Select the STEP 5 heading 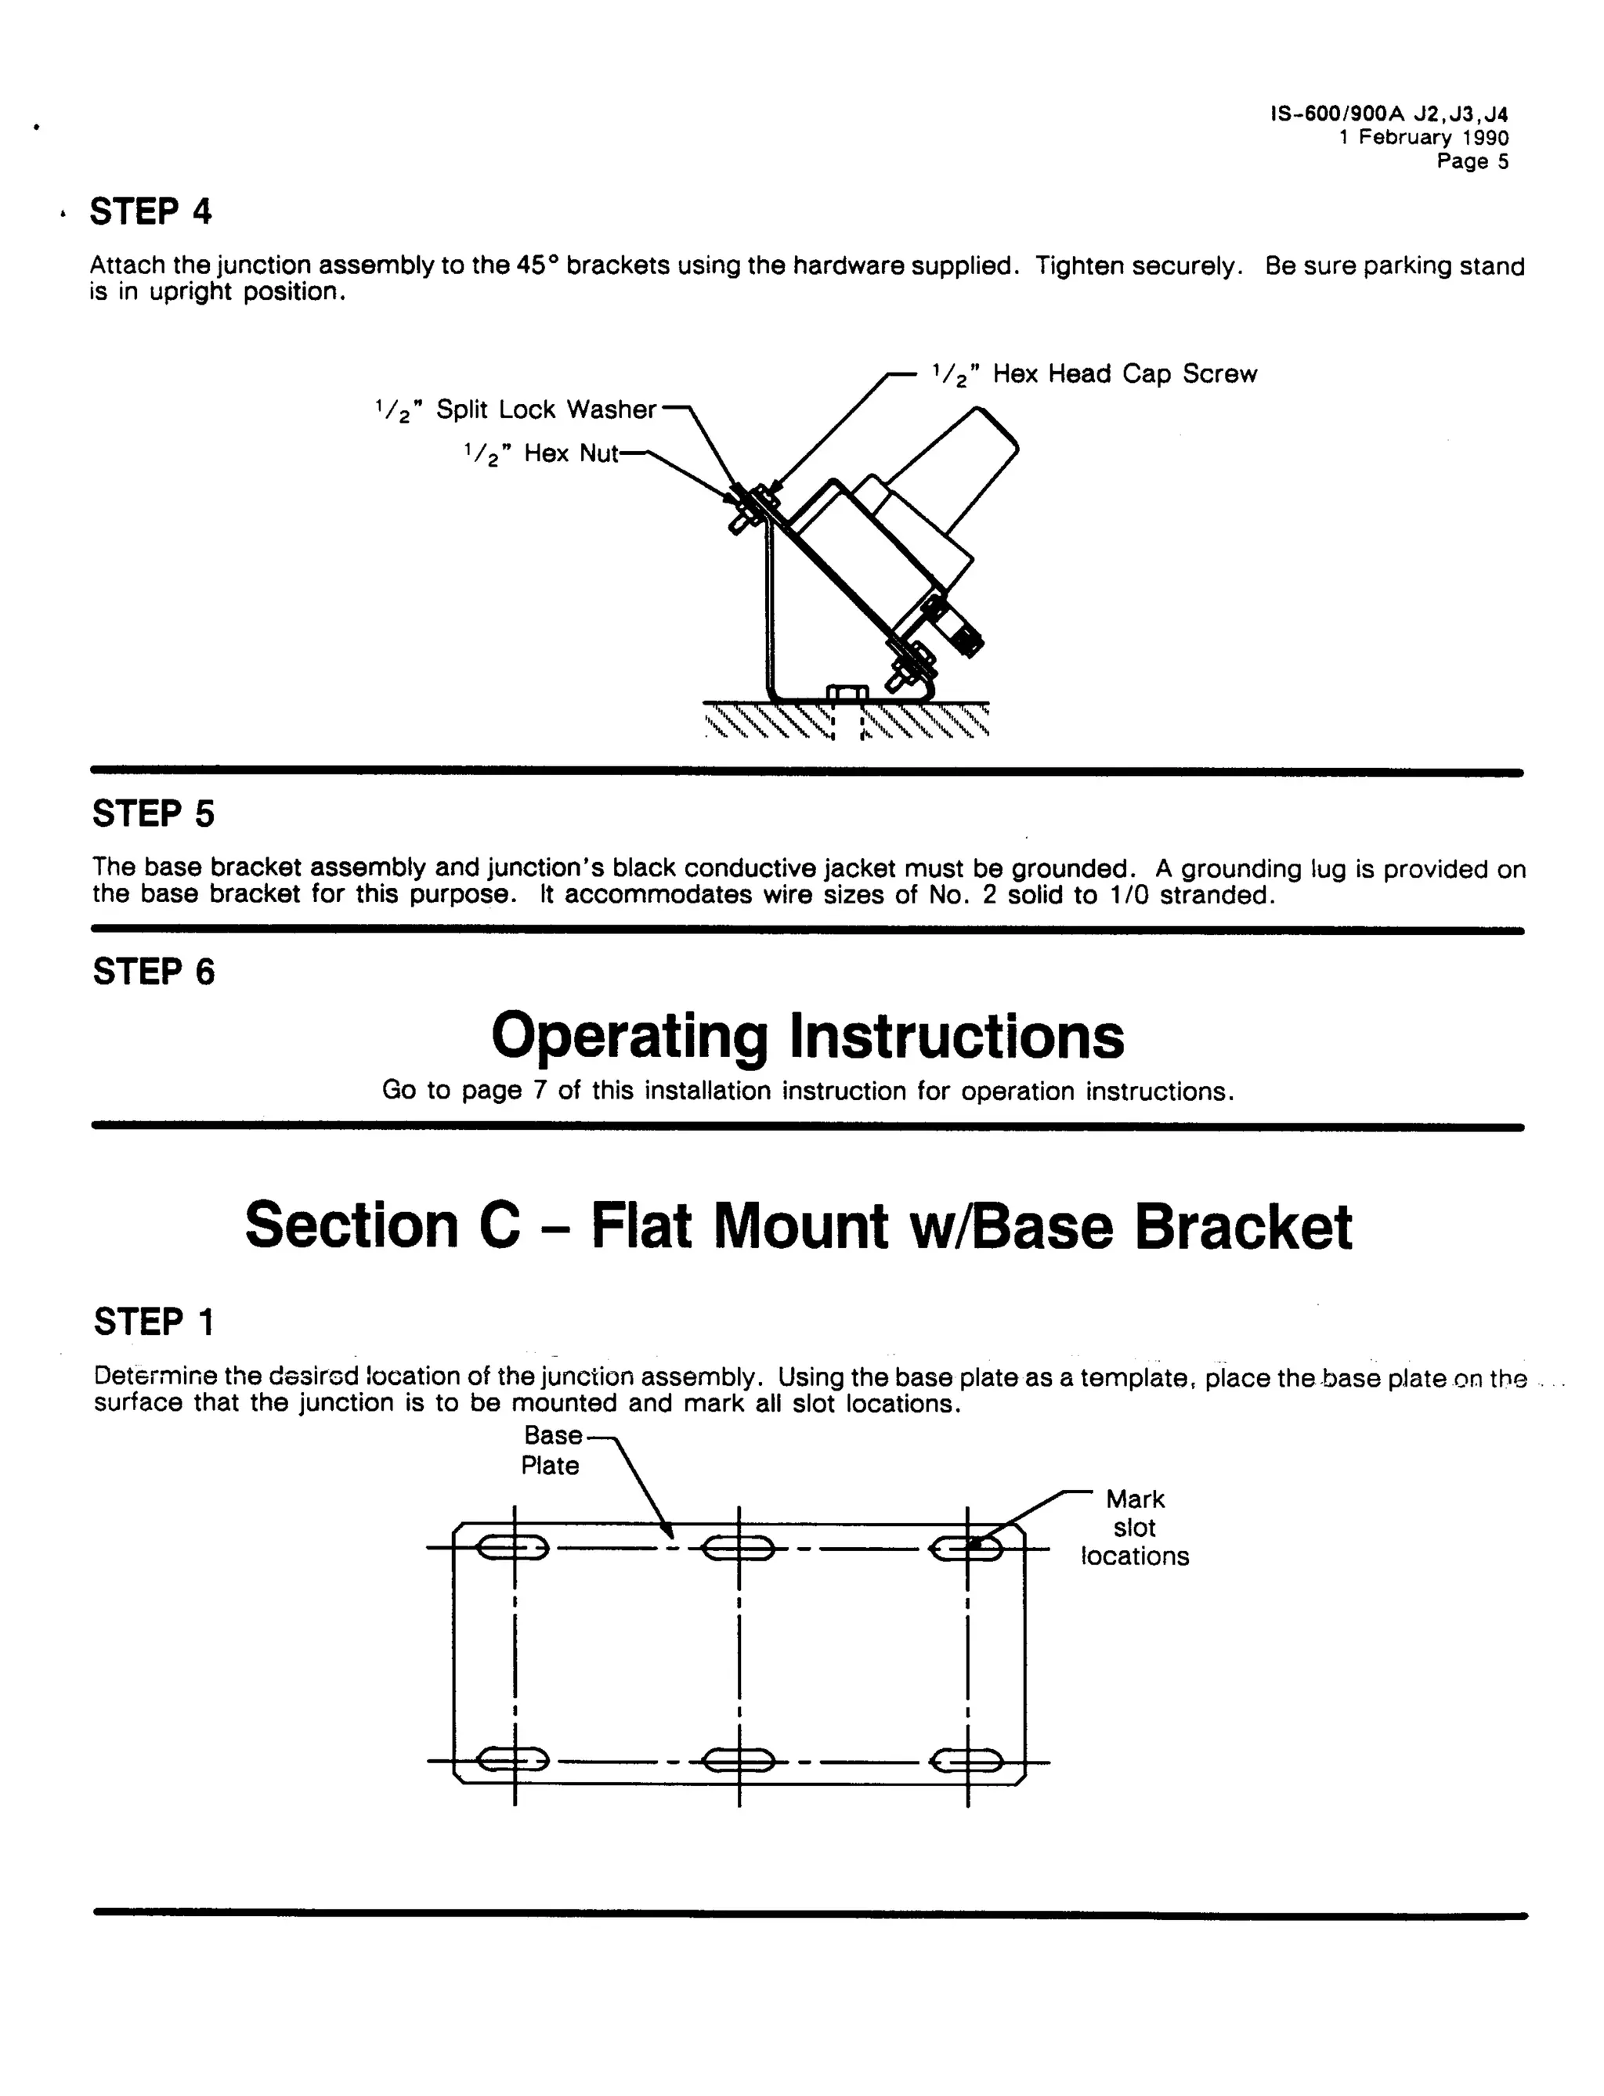pyautogui.click(x=153, y=814)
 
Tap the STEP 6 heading pyautogui.click(x=153, y=972)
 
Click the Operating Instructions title pyautogui.click(x=807, y=1036)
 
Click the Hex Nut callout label pyautogui.click(x=541, y=453)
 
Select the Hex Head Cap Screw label pyautogui.click(x=1094, y=374)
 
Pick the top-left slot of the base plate pyautogui.click(x=513, y=1548)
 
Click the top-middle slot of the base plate pyautogui.click(x=738, y=1548)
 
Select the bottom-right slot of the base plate pyautogui.click(x=966, y=1760)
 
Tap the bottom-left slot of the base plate pyautogui.click(x=513, y=1760)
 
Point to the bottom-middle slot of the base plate pyautogui.click(x=738, y=1760)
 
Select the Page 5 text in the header pyautogui.click(x=1472, y=161)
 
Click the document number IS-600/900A pyautogui.click(x=1338, y=114)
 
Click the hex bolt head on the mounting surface pyautogui.click(x=847, y=693)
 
